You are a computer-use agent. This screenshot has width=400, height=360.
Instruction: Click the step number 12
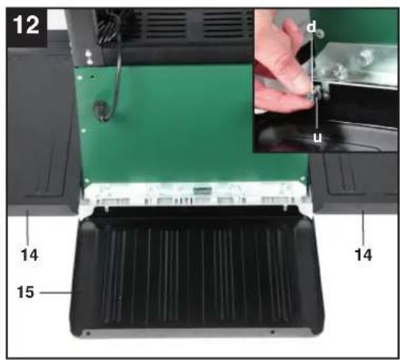click(25, 25)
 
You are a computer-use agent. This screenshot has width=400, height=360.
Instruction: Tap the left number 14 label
click(29, 255)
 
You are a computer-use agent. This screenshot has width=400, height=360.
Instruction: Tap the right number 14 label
click(363, 255)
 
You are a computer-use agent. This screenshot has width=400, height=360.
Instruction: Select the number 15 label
click(25, 293)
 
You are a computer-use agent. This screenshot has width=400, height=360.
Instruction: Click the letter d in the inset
click(312, 26)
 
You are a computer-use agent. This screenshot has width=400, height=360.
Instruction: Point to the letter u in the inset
click(317, 137)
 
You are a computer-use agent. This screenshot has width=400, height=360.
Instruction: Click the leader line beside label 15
click(56, 293)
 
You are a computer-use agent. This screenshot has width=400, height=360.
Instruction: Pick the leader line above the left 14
click(28, 227)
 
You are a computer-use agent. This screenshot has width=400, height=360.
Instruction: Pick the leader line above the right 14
click(363, 227)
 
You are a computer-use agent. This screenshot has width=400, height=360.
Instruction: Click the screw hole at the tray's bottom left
click(88, 334)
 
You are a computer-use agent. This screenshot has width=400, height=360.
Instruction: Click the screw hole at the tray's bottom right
click(272, 332)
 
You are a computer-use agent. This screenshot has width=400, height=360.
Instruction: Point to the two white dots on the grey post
click(89, 58)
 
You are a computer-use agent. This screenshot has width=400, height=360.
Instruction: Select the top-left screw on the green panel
click(80, 78)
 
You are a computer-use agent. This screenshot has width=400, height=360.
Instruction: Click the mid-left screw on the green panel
click(84, 131)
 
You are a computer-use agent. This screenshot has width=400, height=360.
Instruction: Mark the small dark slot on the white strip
click(202, 190)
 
